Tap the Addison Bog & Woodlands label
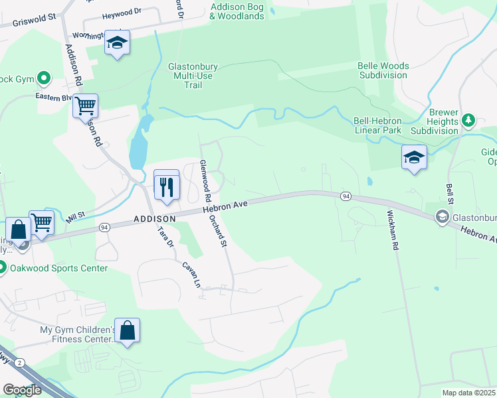(237, 11)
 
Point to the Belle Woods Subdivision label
(383, 70)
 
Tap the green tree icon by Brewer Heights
(469, 119)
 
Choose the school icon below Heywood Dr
(118, 44)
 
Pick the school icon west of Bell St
(413, 158)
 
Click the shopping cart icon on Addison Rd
(85, 105)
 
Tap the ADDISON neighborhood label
(154, 218)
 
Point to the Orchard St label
(218, 232)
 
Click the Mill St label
(76, 216)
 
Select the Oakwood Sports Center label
(58, 268)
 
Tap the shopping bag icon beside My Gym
(128, 330)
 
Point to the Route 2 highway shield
(20, 362)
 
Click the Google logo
(22, 389)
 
